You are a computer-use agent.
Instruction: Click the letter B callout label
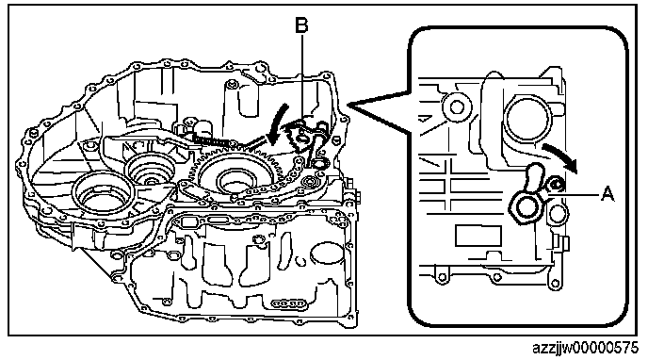pos(301,25)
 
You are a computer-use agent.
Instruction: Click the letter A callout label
pos(607,193)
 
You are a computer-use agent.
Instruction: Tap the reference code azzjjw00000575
pos(585,348)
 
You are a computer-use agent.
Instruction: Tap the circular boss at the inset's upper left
pos(457,107)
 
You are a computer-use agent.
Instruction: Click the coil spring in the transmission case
pos(212,140)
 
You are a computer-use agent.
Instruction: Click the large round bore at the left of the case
pos(102,194)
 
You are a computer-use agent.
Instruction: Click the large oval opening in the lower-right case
pos(327,254)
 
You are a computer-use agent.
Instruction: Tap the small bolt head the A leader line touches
pos(555,185)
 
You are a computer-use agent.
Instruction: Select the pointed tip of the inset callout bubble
pos(349,105)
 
